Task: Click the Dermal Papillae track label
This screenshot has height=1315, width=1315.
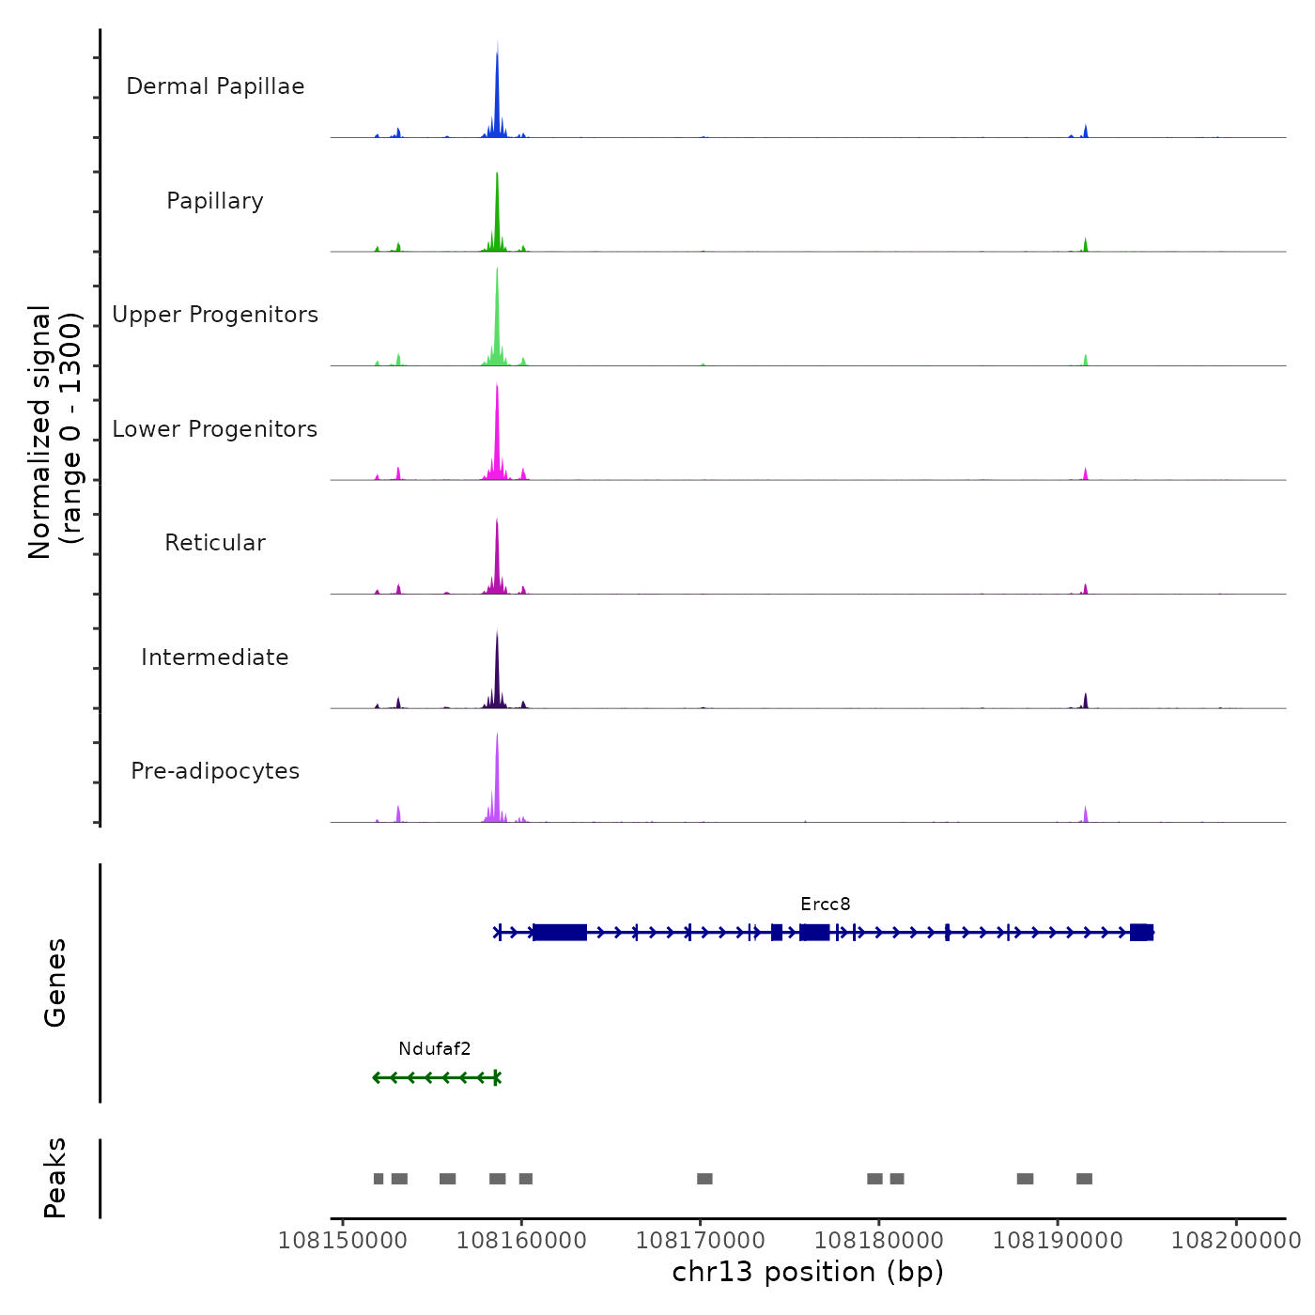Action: [x=215, y=86]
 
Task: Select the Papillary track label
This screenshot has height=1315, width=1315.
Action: [x=215, y=201]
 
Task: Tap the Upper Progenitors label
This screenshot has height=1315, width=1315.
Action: [x=215, y=315]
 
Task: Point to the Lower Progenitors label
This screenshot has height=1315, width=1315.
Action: [x=215, y=429]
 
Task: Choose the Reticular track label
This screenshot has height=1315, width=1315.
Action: [x=215, y=543]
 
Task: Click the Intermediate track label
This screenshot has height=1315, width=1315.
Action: [x=215, y=657]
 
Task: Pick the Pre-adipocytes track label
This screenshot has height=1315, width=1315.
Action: [x=215, y=771]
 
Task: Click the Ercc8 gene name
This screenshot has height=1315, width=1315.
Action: [x=826, y=905]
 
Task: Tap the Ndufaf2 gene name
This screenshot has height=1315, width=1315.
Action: [x=434, y=1049]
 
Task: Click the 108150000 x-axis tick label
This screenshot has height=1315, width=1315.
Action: [x=343, y=1241]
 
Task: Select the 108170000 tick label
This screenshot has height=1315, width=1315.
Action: [x=700, y=1241]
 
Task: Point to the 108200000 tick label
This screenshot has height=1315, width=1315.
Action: [x=1235, y=1241]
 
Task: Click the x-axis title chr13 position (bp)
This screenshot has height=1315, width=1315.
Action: [x=808, y=1272]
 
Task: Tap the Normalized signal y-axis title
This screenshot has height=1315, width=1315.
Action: [x=54, y=432]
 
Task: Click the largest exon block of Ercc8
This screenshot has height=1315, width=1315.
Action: [x=560, y=933]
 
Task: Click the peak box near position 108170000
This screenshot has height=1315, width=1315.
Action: [x=704, y=1179]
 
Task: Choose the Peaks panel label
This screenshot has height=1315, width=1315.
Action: [x=55, y=1178]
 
